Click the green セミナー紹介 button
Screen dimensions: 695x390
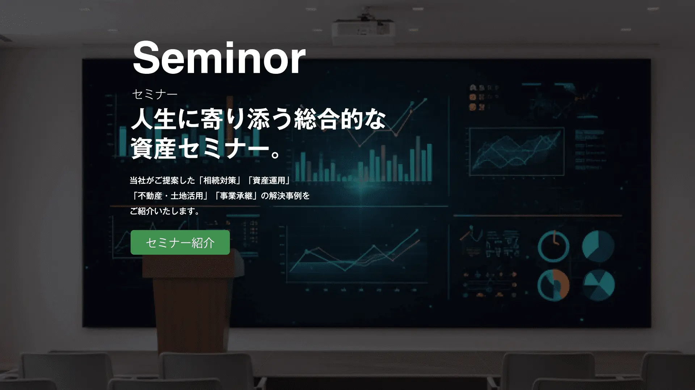click(180, 242)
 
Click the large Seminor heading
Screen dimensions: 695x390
click(219, 58)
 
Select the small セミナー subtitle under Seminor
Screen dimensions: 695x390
click(155, 94)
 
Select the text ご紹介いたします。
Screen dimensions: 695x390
click(165, 211)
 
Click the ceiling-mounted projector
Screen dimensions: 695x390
click(363, 30)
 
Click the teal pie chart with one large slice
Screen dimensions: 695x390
click(598, 246)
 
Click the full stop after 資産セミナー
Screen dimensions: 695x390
click(276, 154)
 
